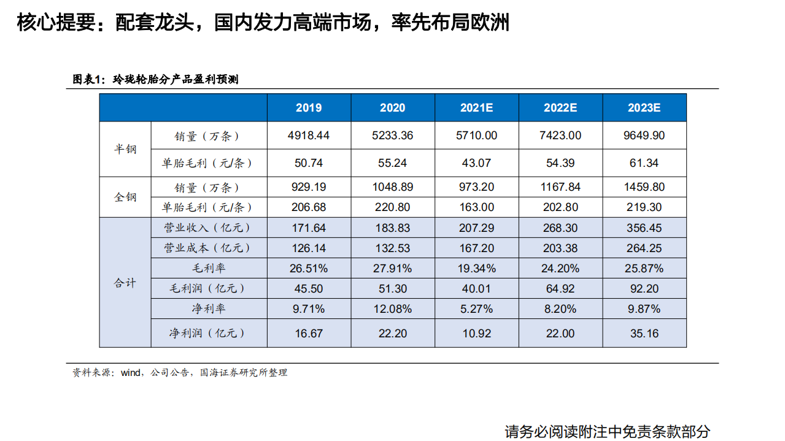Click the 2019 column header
(309, 108)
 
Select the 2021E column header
(476, 108)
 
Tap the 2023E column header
(644, 108)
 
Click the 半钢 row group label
(125, 150)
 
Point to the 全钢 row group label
(125, 197)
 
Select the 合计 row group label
(125, 283)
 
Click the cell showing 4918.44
(309, 136)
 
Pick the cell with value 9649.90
(644, 136)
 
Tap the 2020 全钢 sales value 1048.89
(392, 187)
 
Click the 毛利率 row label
(207, 268)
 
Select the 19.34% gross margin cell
(476, 268)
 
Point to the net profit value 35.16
(644, 333)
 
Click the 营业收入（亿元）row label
(207, 228)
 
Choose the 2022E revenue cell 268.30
(560, 228)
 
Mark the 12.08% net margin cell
(392, 309)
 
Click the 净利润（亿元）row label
(207, 333)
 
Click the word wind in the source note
(131, 372)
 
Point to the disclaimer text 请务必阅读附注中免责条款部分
(607, 431)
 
